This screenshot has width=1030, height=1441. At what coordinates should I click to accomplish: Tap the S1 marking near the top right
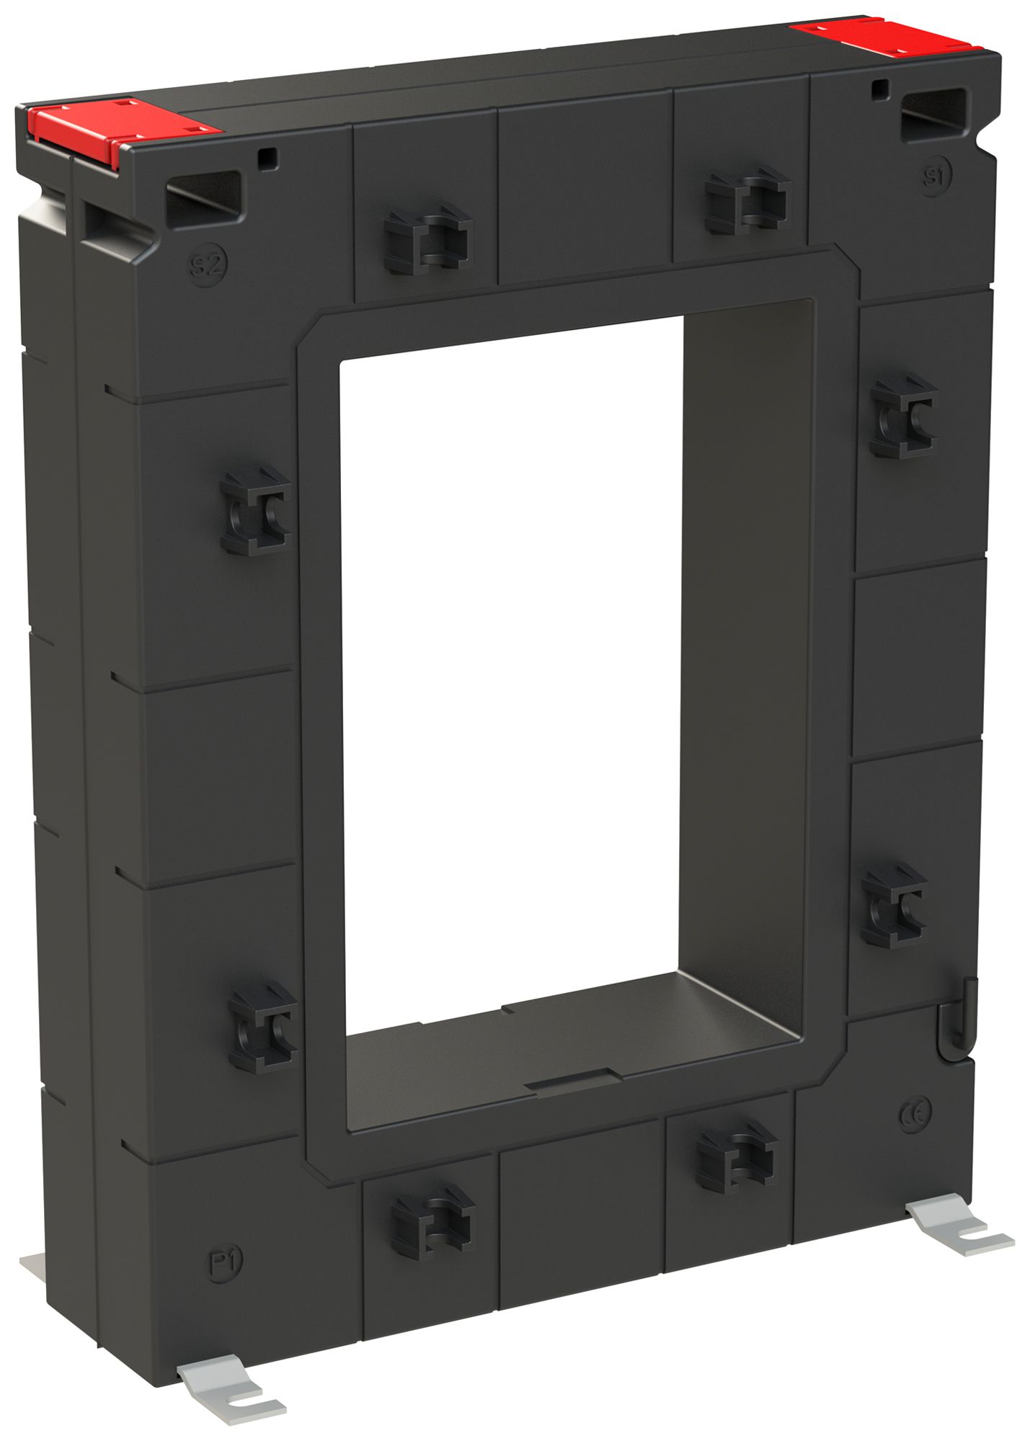[x=935, y=175]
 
